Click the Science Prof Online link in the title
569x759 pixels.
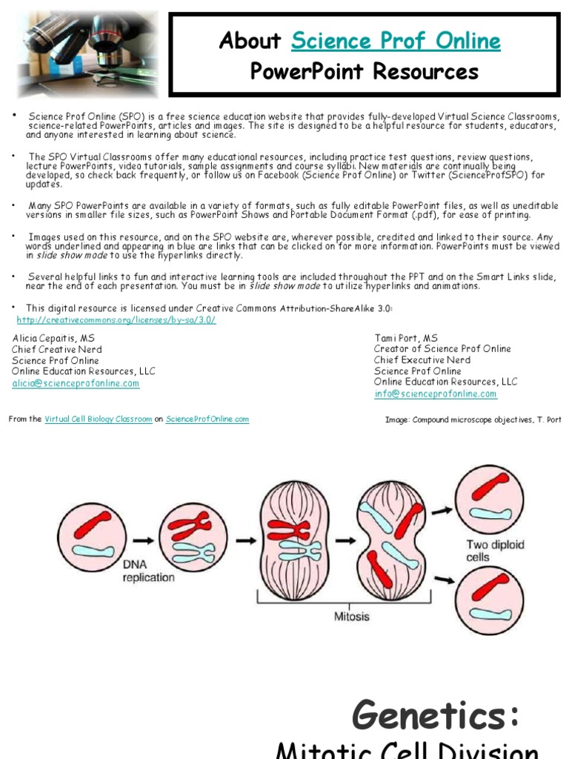[x=396, y=41]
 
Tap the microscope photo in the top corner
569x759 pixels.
[x=87, y=54]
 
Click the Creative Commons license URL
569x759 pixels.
[x=116, y=320]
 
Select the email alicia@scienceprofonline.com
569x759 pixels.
[x=76, y=383]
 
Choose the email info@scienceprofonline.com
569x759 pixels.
[x=436, y=394]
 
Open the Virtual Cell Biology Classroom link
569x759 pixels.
[x=99, y=420]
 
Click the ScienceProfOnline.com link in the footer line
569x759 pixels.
[x=207, y=420]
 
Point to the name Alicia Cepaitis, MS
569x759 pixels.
[x=53, y=338]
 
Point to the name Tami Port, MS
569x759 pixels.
[x=406, y=338]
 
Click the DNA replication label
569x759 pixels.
[x=149, y=571]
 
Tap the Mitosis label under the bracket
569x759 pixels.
[x=352, y=617]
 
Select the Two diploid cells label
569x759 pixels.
[x=495, y=551]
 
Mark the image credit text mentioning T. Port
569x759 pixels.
[x=473, y=420]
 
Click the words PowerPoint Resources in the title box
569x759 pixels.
[x=364, y=72]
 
